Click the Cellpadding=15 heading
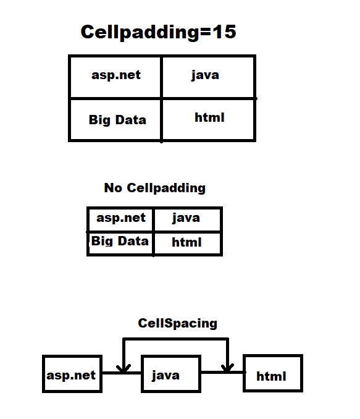click(158, 32)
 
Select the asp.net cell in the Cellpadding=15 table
click(115, 75)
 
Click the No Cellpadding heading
click(154, 188)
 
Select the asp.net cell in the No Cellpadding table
click(121, 218)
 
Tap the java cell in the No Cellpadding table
click(186, 218)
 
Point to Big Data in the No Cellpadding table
click(120, 241)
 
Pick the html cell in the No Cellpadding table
click(186, 242)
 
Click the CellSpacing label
click(177, 323)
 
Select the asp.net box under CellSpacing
click(71, 375)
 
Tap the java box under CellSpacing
click(165, 375)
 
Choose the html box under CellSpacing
click(272, 375)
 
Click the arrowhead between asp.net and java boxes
click(124, 369)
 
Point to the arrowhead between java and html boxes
click(227, 368)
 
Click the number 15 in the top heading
click(224, 32)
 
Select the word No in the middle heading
click(113, 188)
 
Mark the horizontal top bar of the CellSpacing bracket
click(176, 339)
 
